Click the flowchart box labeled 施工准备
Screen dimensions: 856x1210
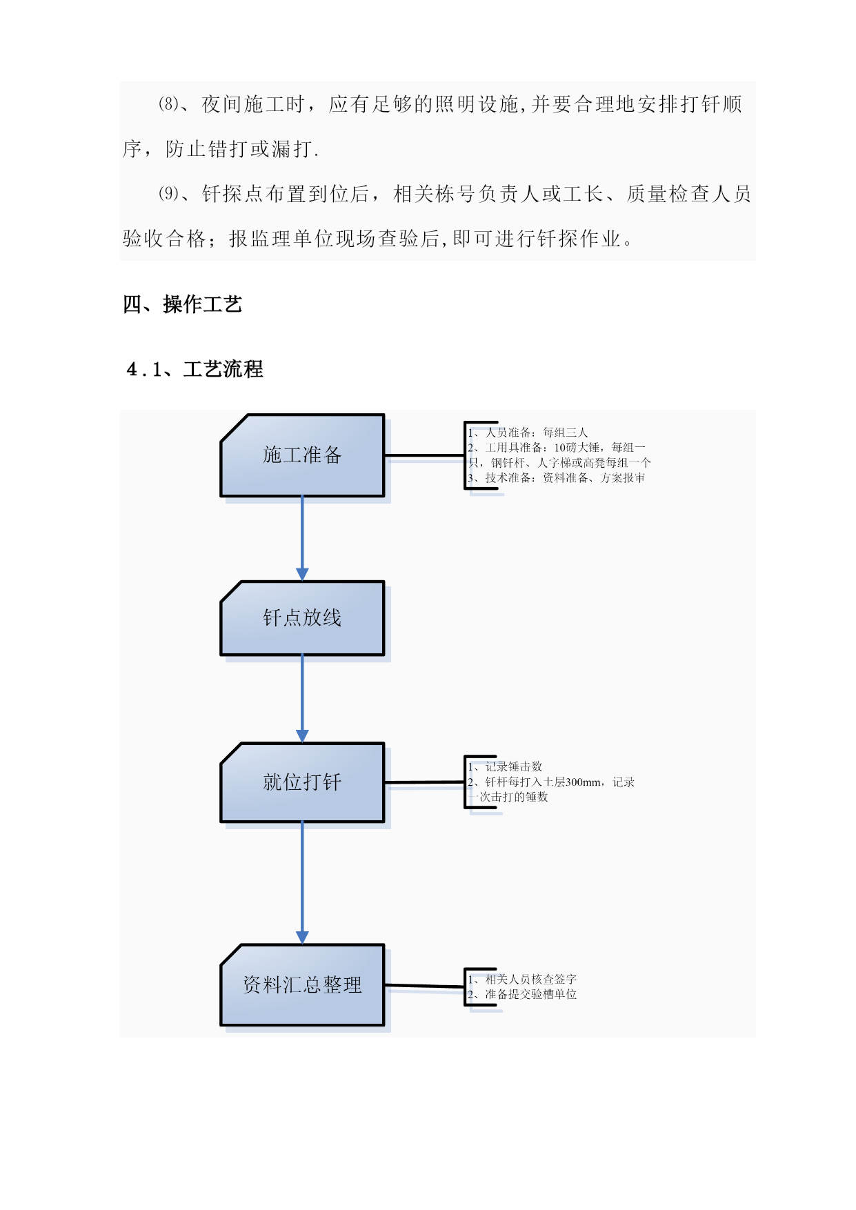(302, 455)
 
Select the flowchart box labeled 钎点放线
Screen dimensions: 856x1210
(302, 618)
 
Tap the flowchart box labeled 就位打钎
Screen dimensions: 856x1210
(302, 782)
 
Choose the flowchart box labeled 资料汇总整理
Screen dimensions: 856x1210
(302, 985)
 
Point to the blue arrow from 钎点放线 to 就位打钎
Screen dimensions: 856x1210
(302, 700)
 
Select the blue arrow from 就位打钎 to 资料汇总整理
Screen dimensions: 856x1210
(302, 883)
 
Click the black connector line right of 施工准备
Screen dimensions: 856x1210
(425, 455)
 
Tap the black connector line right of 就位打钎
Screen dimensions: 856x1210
(425, 782)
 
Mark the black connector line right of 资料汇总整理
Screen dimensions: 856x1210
(425, 986)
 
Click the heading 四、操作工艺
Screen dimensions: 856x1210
(183, 304)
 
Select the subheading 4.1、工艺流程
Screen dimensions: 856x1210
(195, 369)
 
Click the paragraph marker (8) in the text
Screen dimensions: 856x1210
(169, 104)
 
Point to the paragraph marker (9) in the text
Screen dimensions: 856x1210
(169, 194)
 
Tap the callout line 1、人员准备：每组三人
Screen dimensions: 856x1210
(528, 433)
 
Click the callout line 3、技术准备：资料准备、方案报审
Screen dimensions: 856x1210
(556, 478)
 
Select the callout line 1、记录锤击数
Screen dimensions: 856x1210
(505, 766)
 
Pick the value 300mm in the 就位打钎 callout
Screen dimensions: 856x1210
(583, 782)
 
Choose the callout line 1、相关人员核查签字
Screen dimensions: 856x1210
(522, 979)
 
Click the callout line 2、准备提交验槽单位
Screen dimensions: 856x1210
(522, 994)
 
